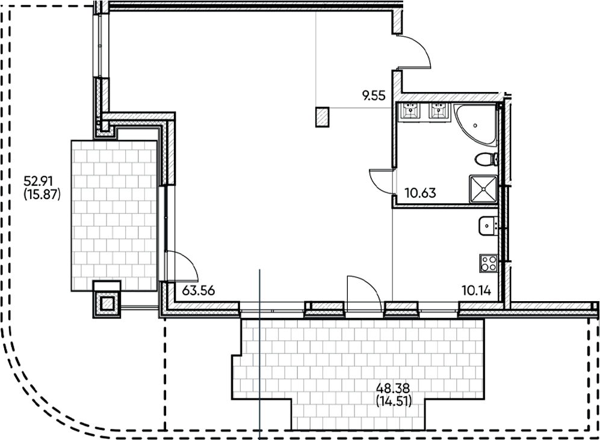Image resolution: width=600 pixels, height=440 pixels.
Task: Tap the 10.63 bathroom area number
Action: [420, 194]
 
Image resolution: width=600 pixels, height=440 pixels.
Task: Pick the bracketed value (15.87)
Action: [41, 194]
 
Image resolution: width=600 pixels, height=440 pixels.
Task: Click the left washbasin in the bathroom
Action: [411, 112]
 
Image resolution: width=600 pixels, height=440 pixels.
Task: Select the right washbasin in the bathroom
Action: [439, 112]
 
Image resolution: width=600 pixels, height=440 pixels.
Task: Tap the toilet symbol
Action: [486, 159]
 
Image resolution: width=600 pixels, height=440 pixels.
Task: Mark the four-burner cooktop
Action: [487, 263]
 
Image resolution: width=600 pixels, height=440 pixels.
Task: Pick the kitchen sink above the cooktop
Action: [486, 227]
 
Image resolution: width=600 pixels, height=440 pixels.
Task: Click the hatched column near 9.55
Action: [323, 117]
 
